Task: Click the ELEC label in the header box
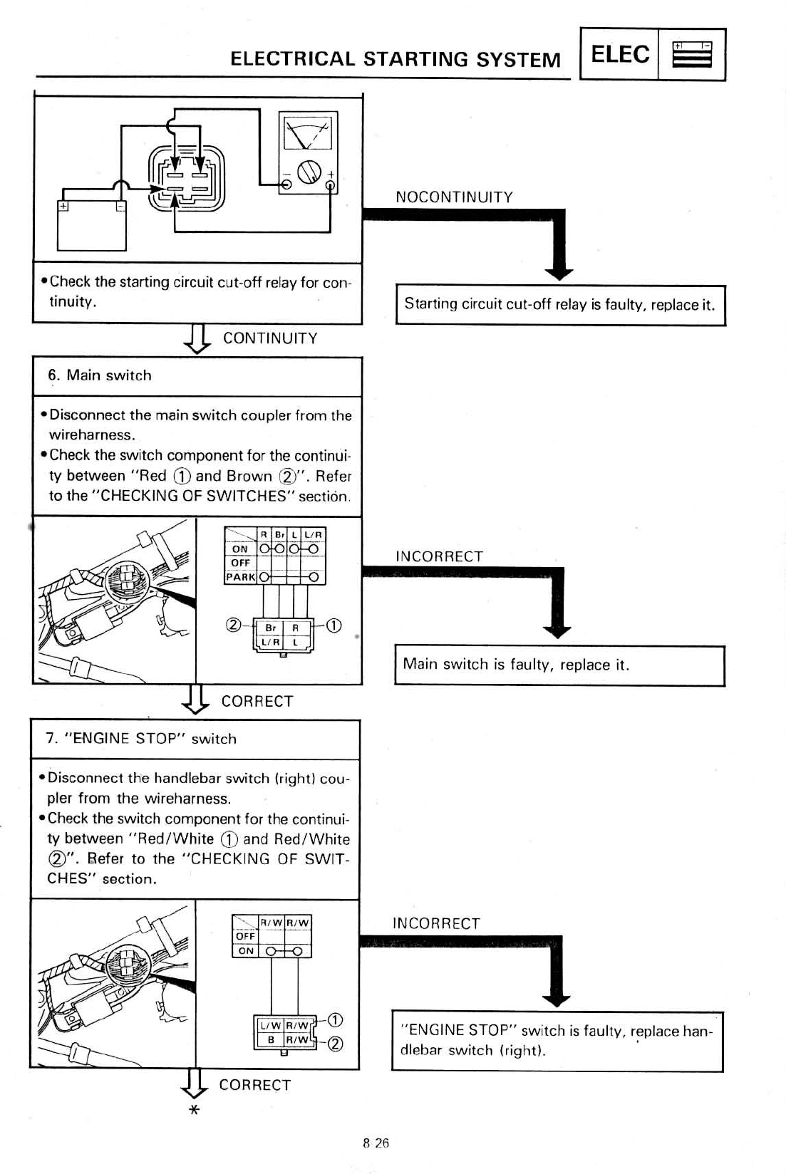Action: tap(619, 54)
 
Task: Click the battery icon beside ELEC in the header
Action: tap(691, 54)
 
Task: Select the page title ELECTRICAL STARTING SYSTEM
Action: tap(395, 58)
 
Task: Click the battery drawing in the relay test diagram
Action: tap(92, 225)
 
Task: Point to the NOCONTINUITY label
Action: tap(454, 197)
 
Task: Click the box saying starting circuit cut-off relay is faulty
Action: tap(560, 305)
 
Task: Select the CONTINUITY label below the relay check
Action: tap(270, 338)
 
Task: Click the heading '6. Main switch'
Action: tap(100, 375)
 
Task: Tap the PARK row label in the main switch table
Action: tap(240, 577)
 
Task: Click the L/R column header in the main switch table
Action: tap(314, 534)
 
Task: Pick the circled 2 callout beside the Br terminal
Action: tap(232, 626)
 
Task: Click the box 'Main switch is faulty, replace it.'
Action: tap(559, 665)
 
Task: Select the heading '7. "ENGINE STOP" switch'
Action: tap(141, 739)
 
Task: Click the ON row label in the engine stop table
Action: tap(246, 950)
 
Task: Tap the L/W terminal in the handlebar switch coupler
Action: tap(270, 1026)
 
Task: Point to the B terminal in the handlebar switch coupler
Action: tap(271, 1039)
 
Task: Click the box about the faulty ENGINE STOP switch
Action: tap(557, 1040)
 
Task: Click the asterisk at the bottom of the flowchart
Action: tap(193, 1111)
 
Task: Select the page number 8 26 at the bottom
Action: tap(376, 1143)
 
